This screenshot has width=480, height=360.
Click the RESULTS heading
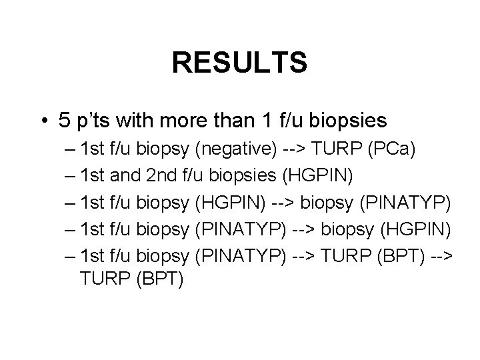coord(239,63)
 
